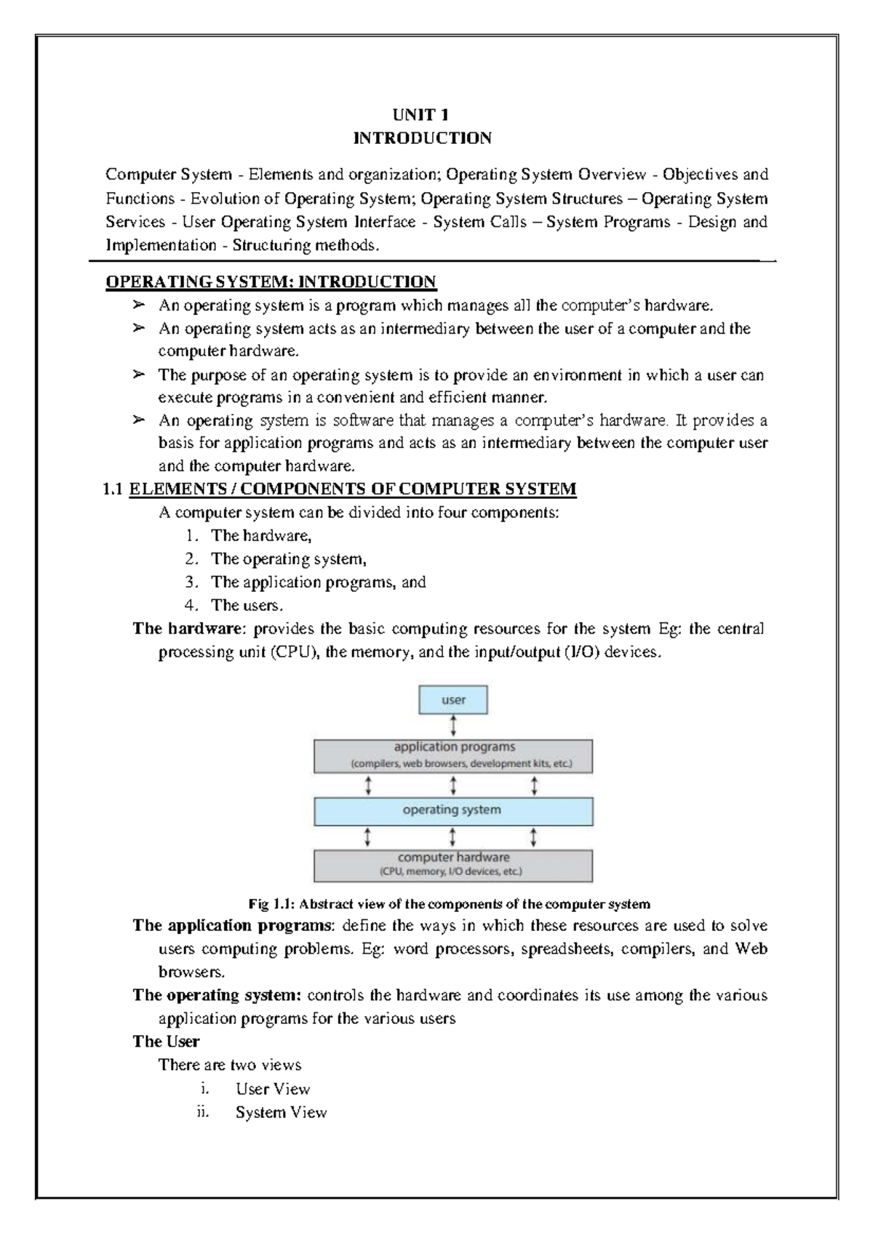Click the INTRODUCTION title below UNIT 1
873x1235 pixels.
click(x=422, y=138)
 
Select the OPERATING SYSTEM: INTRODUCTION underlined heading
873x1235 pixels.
click(x=271, y=281)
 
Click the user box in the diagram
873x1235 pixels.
click(x=453, y=700)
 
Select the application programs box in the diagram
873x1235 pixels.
click(x=453, y=756)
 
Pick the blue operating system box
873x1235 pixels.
click(x=453, y=810)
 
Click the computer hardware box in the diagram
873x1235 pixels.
click(x=453, y=865)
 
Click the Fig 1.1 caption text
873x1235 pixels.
click(x=449, y=904)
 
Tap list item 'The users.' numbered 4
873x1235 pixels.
click(x=247, y=605)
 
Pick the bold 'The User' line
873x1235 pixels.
click(x=166, y=1042)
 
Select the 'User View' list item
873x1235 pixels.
click(x=273, y=1089)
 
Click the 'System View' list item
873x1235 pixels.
click(x=281, y=1112)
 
